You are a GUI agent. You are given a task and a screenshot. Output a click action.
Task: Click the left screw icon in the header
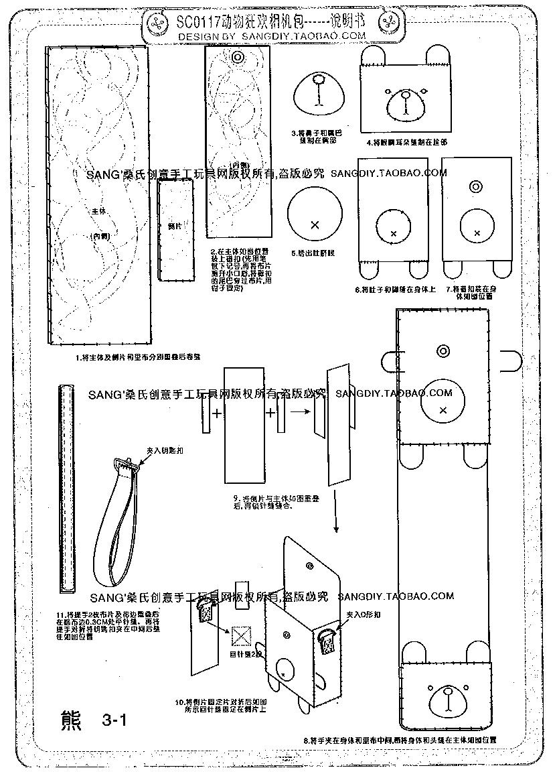click(x=159, y=25)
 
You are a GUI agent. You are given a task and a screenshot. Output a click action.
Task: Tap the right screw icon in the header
click(x=388, y=23)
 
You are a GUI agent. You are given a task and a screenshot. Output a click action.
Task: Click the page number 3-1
click(x=115, y=720)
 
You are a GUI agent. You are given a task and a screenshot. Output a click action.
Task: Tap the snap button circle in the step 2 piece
click(x=237, y=59)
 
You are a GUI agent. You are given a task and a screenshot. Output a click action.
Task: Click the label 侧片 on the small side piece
click(x=175, y=226)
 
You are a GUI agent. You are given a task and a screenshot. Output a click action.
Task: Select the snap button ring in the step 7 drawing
click(x=475, y=186)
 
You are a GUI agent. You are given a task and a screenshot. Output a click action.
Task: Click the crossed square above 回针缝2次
click(x=240, y=634)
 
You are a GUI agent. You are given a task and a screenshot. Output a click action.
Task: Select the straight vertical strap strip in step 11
click(x=66, y=488)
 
